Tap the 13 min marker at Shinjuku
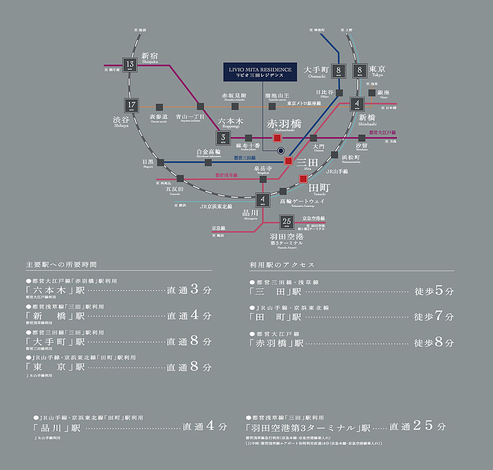tap(130, 65)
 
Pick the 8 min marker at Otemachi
tap(339, 71)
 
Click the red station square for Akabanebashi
tap(277, 138)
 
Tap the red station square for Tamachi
tap(303, 179)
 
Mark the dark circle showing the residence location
tap(281, 151)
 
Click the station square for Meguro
tap(160, 163)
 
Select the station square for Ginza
tap(372, 92)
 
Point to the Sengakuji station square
tap(263, 179)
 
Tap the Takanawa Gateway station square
tap(283, 191)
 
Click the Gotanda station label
tap(174, 190)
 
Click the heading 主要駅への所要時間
tap(61, 265)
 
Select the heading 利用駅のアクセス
tap(282, 265)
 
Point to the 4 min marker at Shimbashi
tap(357, 104)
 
